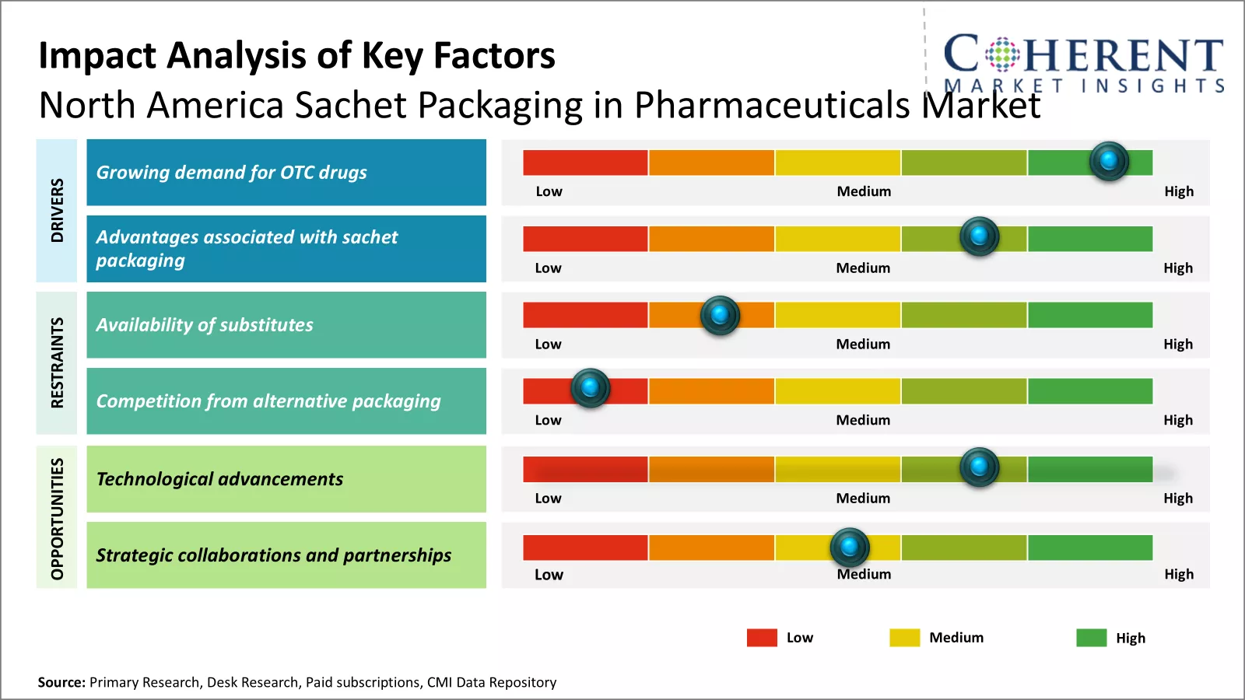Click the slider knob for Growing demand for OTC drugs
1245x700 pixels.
[1109, 161]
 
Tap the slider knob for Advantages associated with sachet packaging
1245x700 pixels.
[979, 236]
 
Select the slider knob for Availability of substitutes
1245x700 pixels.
[720, 315]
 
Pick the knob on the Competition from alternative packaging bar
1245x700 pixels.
[590, 387]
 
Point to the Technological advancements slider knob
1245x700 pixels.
[979, 467]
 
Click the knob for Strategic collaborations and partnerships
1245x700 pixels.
[849, 547]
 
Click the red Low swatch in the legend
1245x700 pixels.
[762, 638]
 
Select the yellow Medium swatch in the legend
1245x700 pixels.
[904, 638]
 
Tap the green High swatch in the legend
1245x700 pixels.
[1091, 638]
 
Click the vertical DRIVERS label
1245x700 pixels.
[57, 210]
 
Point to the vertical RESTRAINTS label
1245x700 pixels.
[57, 362]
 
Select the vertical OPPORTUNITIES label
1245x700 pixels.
[57, 518]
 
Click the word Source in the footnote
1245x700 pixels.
[61, 682]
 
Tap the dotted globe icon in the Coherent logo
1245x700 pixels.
[1002, 54]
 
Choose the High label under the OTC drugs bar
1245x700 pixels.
[1178, 191]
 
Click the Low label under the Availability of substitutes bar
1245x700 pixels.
[548, 344]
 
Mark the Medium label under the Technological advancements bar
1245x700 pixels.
[863, 498]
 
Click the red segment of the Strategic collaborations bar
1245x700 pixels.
[585, 548]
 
